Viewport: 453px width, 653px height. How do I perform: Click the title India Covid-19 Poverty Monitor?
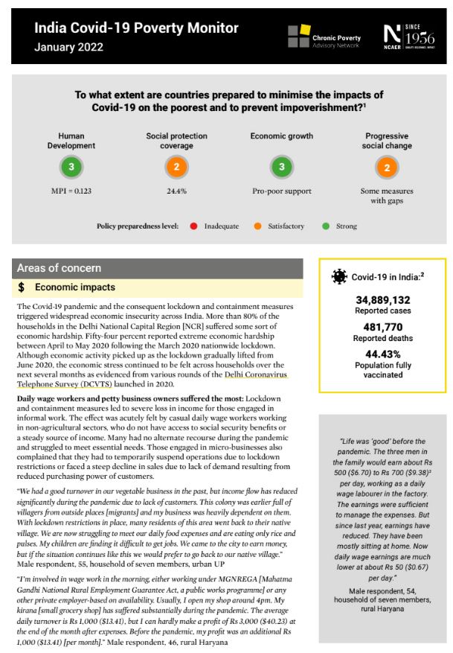click(136, 28)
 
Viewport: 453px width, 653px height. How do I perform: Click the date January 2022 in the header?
click(68, 48)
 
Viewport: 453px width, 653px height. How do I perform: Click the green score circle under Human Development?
click(71, 168)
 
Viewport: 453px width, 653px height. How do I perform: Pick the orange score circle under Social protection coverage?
click(176, 168)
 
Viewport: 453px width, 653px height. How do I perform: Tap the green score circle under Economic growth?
click(281, 168)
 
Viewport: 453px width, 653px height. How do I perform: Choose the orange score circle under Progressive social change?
click(387, 168)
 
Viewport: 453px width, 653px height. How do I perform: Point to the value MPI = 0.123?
click(71, 191)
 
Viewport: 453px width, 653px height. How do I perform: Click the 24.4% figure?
click(176, 191)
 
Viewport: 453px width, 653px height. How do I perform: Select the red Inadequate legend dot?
click(193, 226)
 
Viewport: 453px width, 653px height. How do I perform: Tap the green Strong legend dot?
click(326, 226)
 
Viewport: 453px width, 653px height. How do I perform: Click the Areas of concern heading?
click(59, 268)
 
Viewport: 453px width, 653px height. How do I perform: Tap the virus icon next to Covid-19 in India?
click(339, 277)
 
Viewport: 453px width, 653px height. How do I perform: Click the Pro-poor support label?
click(281, 191)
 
